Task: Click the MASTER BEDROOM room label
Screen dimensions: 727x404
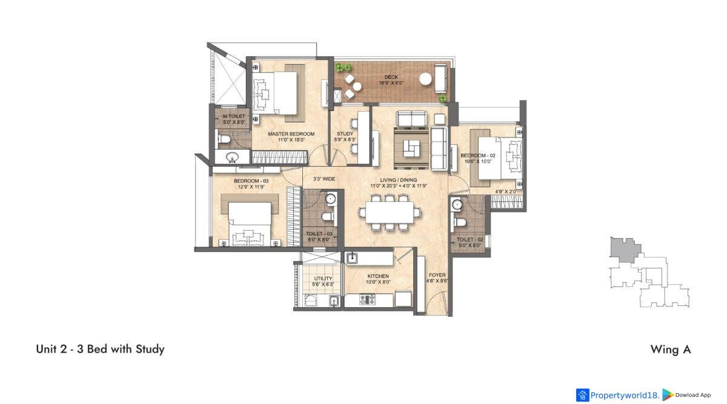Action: (291, 134)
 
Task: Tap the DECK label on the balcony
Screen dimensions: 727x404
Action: (391, 77)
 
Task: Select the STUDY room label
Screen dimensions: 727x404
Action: (345, 134)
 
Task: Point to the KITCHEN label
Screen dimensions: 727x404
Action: (378, 276)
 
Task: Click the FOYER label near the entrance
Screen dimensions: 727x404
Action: (437, 275)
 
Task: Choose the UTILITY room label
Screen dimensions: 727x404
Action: (323, 279)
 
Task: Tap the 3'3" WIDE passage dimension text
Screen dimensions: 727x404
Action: (324, 179)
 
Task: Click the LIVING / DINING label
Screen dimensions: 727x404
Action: (399, 180)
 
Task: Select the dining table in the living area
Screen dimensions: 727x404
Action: (390, 212)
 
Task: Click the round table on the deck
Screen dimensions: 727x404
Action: (425, 79)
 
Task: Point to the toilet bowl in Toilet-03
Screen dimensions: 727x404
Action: (328, 216)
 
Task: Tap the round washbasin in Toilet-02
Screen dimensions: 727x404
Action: (457, 205)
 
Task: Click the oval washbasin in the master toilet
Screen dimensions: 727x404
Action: (233, 157)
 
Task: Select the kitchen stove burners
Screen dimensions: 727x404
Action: (367, 299)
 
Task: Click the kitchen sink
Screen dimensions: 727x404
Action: (352, 258)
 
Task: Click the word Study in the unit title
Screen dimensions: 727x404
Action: (150, 349)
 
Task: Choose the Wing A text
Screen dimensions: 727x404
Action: (671, 349)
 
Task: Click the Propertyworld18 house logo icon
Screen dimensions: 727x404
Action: (582, 396)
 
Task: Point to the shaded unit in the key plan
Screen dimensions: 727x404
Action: (624, 249)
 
